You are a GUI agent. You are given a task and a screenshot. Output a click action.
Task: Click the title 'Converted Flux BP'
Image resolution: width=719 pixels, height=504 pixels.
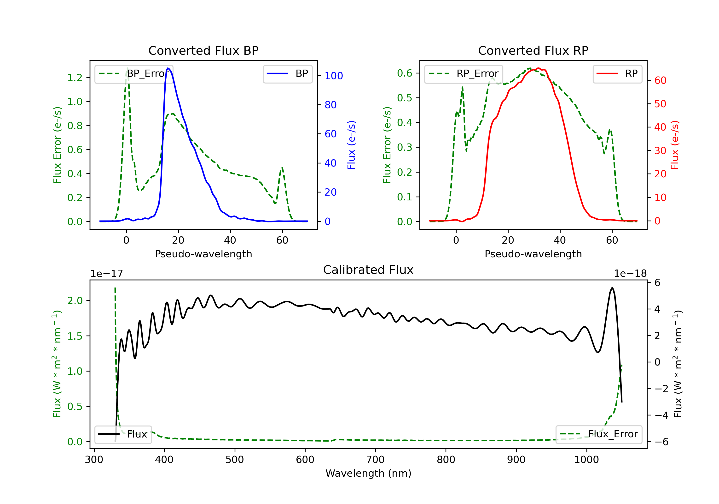click(203, 50)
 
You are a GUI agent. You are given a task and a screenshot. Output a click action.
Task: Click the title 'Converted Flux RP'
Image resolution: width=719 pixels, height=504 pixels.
click(533, 50)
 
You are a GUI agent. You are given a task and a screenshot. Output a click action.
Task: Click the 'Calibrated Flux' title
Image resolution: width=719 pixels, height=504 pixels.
click(368, 270)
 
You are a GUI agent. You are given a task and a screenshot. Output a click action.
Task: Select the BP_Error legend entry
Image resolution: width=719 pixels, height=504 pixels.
click(134, 74)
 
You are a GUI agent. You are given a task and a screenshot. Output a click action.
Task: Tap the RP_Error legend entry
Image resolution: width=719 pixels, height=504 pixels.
click(464, 74)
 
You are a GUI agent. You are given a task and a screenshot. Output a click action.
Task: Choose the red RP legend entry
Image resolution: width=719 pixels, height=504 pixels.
click(617, 74)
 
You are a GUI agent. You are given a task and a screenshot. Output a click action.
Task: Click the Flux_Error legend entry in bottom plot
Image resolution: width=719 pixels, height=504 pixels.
click(598, 434)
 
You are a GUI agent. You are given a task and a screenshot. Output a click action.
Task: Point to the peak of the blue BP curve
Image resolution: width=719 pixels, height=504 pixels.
click(168, 68)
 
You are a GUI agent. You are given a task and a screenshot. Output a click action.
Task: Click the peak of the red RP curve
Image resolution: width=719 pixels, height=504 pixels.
click(538, 68)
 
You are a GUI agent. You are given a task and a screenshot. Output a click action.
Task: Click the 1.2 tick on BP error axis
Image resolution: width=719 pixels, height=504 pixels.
click(75, 78)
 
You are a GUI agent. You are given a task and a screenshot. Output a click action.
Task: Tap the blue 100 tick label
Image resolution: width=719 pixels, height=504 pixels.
click(334, 76)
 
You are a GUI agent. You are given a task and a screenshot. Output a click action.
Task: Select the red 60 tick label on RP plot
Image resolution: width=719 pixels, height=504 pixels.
click(660, 80)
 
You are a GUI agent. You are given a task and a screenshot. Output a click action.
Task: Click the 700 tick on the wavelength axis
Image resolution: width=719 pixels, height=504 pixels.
click(376, 460)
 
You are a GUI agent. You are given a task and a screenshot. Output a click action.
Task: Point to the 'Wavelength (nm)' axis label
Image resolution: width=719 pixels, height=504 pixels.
click(368, 473)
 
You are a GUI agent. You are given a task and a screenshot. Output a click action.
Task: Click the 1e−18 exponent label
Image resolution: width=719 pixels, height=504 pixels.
click(630, 274)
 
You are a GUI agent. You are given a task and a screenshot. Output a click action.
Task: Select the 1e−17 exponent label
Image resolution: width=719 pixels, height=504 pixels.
click(107, 274)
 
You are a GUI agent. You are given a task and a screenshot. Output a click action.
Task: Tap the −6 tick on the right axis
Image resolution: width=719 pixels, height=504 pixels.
click(661, 442)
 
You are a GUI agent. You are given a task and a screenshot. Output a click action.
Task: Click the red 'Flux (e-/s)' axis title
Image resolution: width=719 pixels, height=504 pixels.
click(675, 145)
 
